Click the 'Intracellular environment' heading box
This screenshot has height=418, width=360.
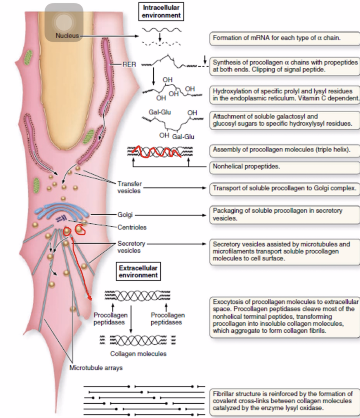pos(161,11)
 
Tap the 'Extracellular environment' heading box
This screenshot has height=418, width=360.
pos(138,271)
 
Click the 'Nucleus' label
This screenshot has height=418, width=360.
pos(67,36)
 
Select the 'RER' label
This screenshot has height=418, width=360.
pos(129,64)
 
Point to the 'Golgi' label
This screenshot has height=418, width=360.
pos(125,215)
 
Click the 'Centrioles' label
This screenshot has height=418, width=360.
pos(132,227)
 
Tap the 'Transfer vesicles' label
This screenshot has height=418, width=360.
pos(130,187)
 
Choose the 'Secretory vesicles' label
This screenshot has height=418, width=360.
pos(131,247)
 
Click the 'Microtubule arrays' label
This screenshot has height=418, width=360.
pos(96,368)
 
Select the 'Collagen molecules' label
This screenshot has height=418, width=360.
pos(138,354)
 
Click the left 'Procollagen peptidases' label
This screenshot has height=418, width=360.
pos(110,318)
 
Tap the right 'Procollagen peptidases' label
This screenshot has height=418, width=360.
pos(168,318)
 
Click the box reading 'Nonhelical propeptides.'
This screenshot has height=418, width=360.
pos(285,167)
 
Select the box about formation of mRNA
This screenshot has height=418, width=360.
pos(285,38)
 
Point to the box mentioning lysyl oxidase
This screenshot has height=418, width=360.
pos(285,401)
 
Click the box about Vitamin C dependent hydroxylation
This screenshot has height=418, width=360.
pos(285,95)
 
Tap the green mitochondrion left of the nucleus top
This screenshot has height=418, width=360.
pos(27,58)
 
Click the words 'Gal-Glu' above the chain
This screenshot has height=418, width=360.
pos(160,112)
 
